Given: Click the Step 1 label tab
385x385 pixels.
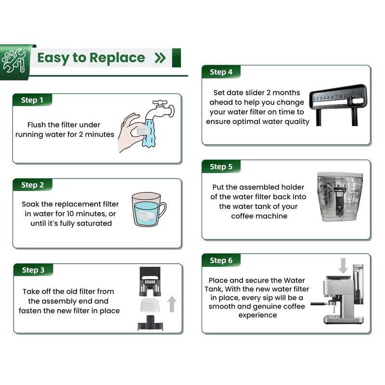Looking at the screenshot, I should coord(32,100).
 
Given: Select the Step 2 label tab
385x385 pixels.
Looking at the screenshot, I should coord(32,185).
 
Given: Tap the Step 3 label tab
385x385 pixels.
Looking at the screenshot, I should coord(33,270).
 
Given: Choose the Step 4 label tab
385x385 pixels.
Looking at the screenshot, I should coord(221,72).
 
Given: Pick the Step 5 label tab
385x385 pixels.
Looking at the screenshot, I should coord(221,167).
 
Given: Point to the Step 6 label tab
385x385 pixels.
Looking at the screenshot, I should coord(221,260).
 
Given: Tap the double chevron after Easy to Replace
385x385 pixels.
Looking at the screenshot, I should coord(160,58).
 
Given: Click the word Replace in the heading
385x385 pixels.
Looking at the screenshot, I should coord(117,58).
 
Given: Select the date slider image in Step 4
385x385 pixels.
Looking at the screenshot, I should coord(338,104).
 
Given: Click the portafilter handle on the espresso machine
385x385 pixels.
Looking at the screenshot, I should coord(321,303).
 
